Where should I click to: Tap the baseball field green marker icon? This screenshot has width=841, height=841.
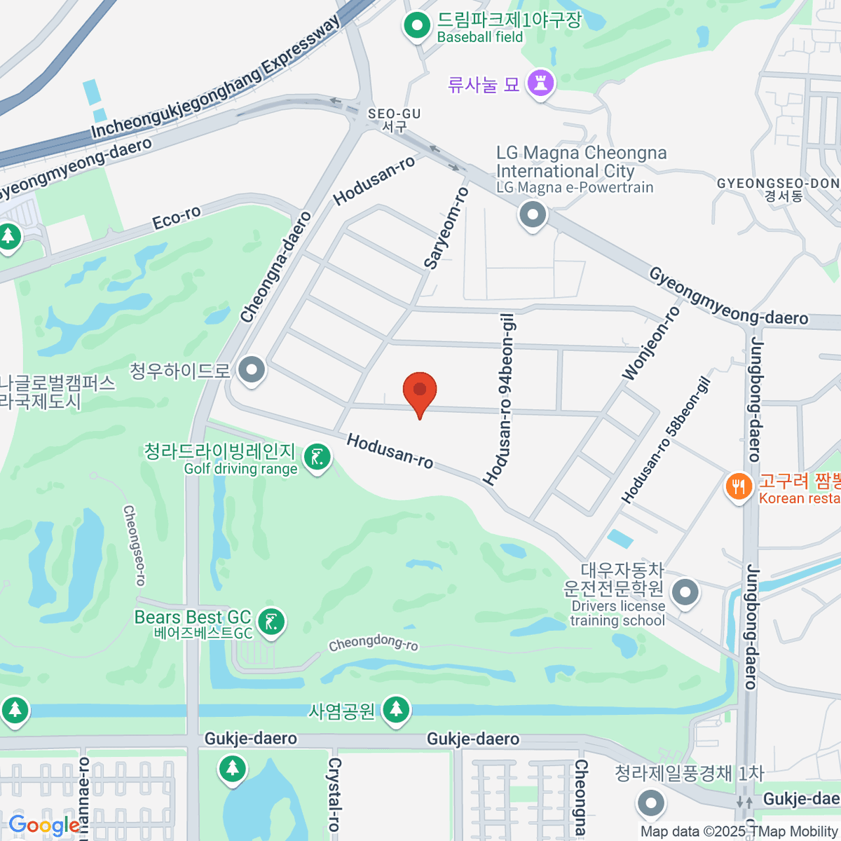click(418, 27)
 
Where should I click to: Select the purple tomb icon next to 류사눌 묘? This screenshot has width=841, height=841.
click(540, 84)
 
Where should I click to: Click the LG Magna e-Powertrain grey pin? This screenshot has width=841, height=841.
click(533, 214)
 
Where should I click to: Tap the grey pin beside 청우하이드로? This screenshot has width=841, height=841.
click(252, 369)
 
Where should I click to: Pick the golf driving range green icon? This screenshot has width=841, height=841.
click(317, 458)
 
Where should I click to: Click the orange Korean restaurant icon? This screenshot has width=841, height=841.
click(738, 486)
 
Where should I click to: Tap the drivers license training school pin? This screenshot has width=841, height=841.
click(685, 593)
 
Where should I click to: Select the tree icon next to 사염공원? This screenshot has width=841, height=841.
click(396, 709)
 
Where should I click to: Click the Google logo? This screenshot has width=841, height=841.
click(44, 826)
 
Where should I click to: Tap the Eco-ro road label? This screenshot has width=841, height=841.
click(177, 219)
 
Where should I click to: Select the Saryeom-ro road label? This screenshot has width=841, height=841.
click(446, 228)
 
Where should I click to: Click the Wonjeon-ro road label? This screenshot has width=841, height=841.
click(651, 343)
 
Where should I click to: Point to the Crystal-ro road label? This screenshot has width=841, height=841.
click(334, 794)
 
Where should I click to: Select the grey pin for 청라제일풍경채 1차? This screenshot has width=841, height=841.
click(652, 802)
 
